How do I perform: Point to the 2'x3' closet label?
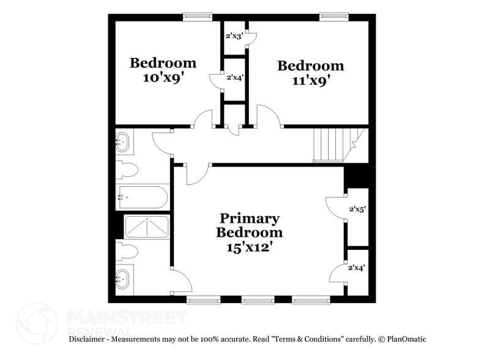tap(234, 36)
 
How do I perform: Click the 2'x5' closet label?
tap(357, 209)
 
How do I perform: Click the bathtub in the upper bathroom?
tap(143, 197)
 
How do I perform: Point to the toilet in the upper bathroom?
tap(127, 168)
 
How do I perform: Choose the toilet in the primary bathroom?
tap(127, 252)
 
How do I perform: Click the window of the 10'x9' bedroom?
tap(197, 17)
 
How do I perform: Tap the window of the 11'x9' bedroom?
tap(332, 17)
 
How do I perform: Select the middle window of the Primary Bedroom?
tap(256, 300)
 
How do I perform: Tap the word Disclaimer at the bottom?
tap(89, 339)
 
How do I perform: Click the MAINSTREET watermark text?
tap(125, 317)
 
